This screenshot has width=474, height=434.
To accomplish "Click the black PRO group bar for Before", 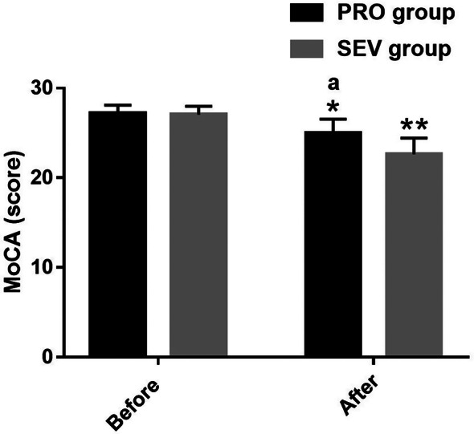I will pyautogui.click(x=117, y=233).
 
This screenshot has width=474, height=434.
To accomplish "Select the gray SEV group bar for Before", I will pyautogui.click(x=198, y=233).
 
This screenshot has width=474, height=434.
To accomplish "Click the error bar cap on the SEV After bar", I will pyautogui.click(x=414, y=138).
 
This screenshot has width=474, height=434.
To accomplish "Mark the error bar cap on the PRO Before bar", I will pyautogui.click(x=117, y=105).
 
